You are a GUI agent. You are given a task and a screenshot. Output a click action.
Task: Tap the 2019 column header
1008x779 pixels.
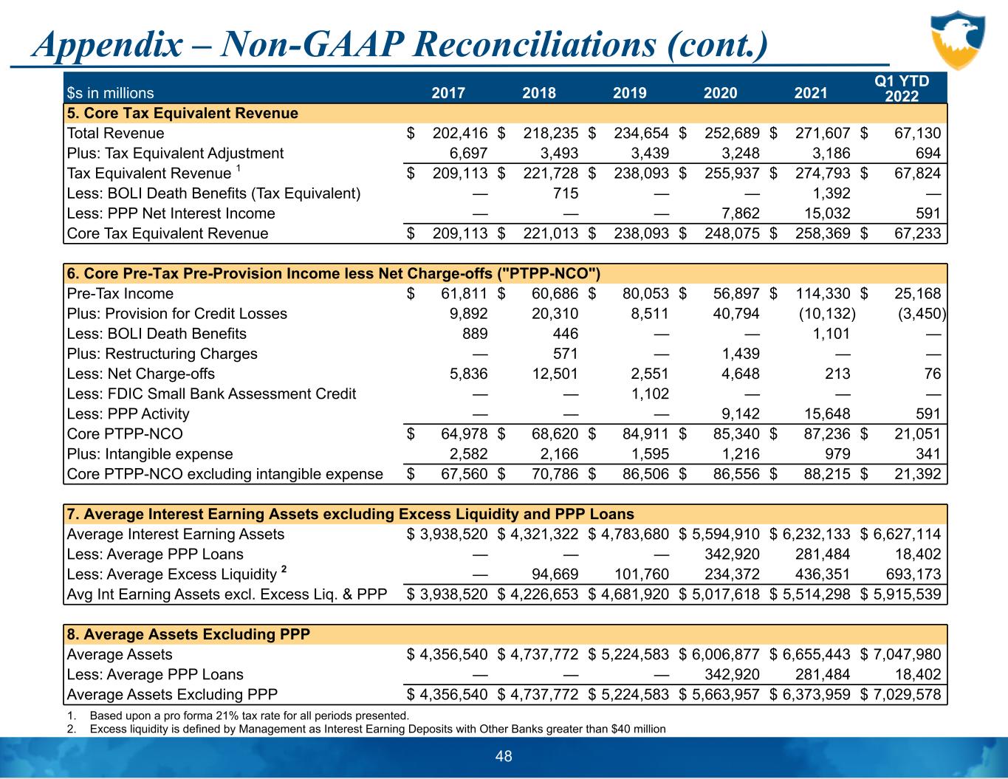630,93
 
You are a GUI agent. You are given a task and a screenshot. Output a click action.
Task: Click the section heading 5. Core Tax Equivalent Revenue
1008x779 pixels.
182,114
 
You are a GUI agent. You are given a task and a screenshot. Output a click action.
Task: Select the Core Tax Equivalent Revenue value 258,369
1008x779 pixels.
822,233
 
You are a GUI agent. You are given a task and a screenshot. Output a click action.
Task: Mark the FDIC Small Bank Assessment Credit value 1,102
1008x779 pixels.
650,394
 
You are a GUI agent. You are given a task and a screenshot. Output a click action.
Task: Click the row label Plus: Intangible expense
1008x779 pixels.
150,454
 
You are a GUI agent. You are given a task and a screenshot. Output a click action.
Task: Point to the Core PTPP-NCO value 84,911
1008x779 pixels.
645,434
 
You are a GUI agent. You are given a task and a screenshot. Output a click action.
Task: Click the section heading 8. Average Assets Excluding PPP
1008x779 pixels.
188,634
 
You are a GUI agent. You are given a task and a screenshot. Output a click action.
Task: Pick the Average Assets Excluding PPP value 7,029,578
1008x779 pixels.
907,694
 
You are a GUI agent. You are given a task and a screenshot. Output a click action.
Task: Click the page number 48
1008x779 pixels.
504,756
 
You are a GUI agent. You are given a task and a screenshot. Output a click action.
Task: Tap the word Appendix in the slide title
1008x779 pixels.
106,46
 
